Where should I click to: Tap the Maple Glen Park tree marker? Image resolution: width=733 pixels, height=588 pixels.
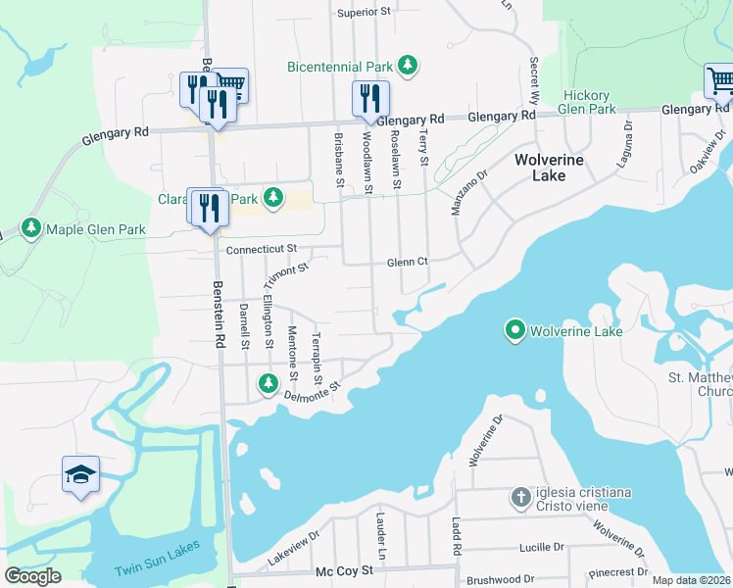[31, 228]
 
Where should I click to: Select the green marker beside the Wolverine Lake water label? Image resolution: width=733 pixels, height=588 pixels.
[515, 331]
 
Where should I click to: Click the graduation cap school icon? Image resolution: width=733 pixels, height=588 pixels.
[80, 474]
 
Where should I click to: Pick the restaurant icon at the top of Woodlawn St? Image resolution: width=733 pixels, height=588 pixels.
[370, 97]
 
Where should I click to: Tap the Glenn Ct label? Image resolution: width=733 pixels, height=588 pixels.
[408, 262]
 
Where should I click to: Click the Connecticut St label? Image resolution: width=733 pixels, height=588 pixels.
[261, 250]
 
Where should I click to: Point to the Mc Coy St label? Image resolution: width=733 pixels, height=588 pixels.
[344, 569]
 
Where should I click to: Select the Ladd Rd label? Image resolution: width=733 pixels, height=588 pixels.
[455, 536]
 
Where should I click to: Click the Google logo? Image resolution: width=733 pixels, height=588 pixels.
[32, 576]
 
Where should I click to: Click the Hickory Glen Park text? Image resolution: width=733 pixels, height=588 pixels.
[588, 102]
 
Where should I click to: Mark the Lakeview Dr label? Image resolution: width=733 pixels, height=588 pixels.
[294, 550]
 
